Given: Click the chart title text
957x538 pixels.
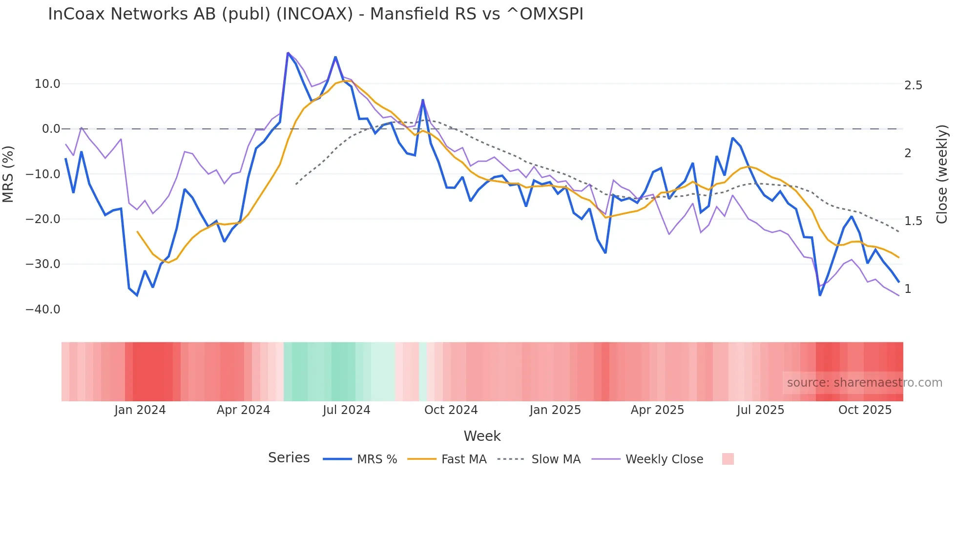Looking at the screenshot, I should pyautogui.click(x=315, y=14).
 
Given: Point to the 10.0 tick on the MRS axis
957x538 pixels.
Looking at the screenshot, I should pyautogui.click(x=47, y=84).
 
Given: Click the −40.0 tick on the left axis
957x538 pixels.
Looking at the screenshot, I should pyautogui.click(x=43, y=310).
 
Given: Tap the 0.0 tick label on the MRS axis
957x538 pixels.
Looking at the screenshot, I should pyautogui.click(x=51, y=129).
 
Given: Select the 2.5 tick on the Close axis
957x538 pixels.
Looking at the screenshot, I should pyautogui.click(x=913, y=85).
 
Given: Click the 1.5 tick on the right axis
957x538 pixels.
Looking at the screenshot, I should pyautogui.click(x=913, y=221).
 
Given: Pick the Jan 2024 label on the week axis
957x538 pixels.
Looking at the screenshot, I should pyautogui.click(x=140, y=410).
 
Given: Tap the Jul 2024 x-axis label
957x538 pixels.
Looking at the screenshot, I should pyautogui.click(x=347, y=410).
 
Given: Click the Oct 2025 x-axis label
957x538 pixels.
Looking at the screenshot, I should pyautogui.click(x=865, y=410).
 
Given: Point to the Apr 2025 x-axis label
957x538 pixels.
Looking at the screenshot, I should pyautogui.click(x=657, y=410).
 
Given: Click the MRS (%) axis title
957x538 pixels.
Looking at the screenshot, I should pyautogui.click(x=8, y=174).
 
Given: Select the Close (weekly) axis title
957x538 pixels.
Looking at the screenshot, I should pyautogui.click(x=942, y=174).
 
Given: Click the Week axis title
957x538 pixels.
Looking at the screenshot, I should pyautogui.click(x=482, y=436).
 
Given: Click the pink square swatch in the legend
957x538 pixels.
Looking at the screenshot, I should pyautogui.click(x=728, y=459).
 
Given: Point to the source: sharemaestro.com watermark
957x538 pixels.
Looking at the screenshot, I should pyautogui.click(x=864, y=383).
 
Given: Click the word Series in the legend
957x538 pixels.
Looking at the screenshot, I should pyautogui.click(x=289, y=458).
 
